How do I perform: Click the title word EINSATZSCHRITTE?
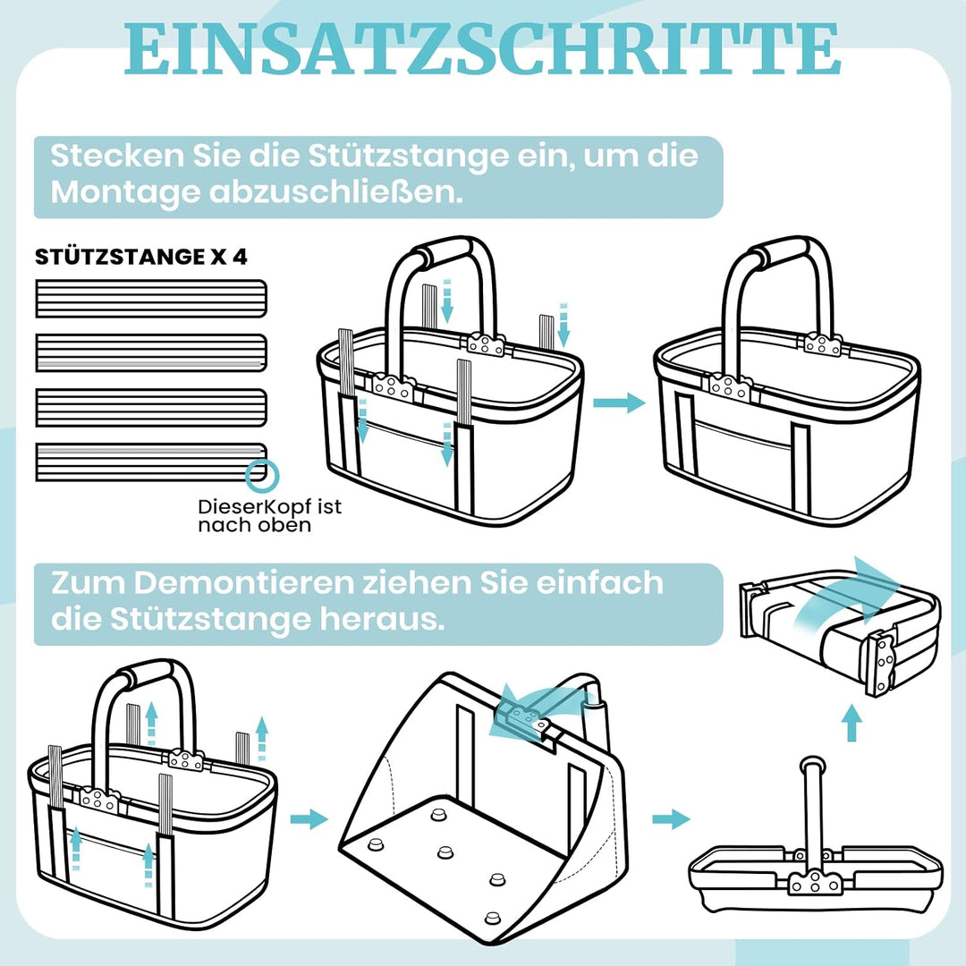click(482, 49)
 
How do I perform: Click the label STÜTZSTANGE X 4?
click(141, 257)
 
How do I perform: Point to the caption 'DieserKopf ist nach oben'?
click(269, 516)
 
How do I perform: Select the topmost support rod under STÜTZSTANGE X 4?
click(151, 299)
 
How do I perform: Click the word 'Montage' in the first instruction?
click(125, 192)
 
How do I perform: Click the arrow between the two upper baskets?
click(619, 402)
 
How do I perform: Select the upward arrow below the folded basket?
click(852, 723)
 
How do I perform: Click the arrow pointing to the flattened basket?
click(671, 819)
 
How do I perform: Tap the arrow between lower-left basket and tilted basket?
click(309, 819)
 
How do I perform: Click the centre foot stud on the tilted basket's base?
click(445, 852)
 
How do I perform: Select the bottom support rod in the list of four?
click(151, 462)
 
